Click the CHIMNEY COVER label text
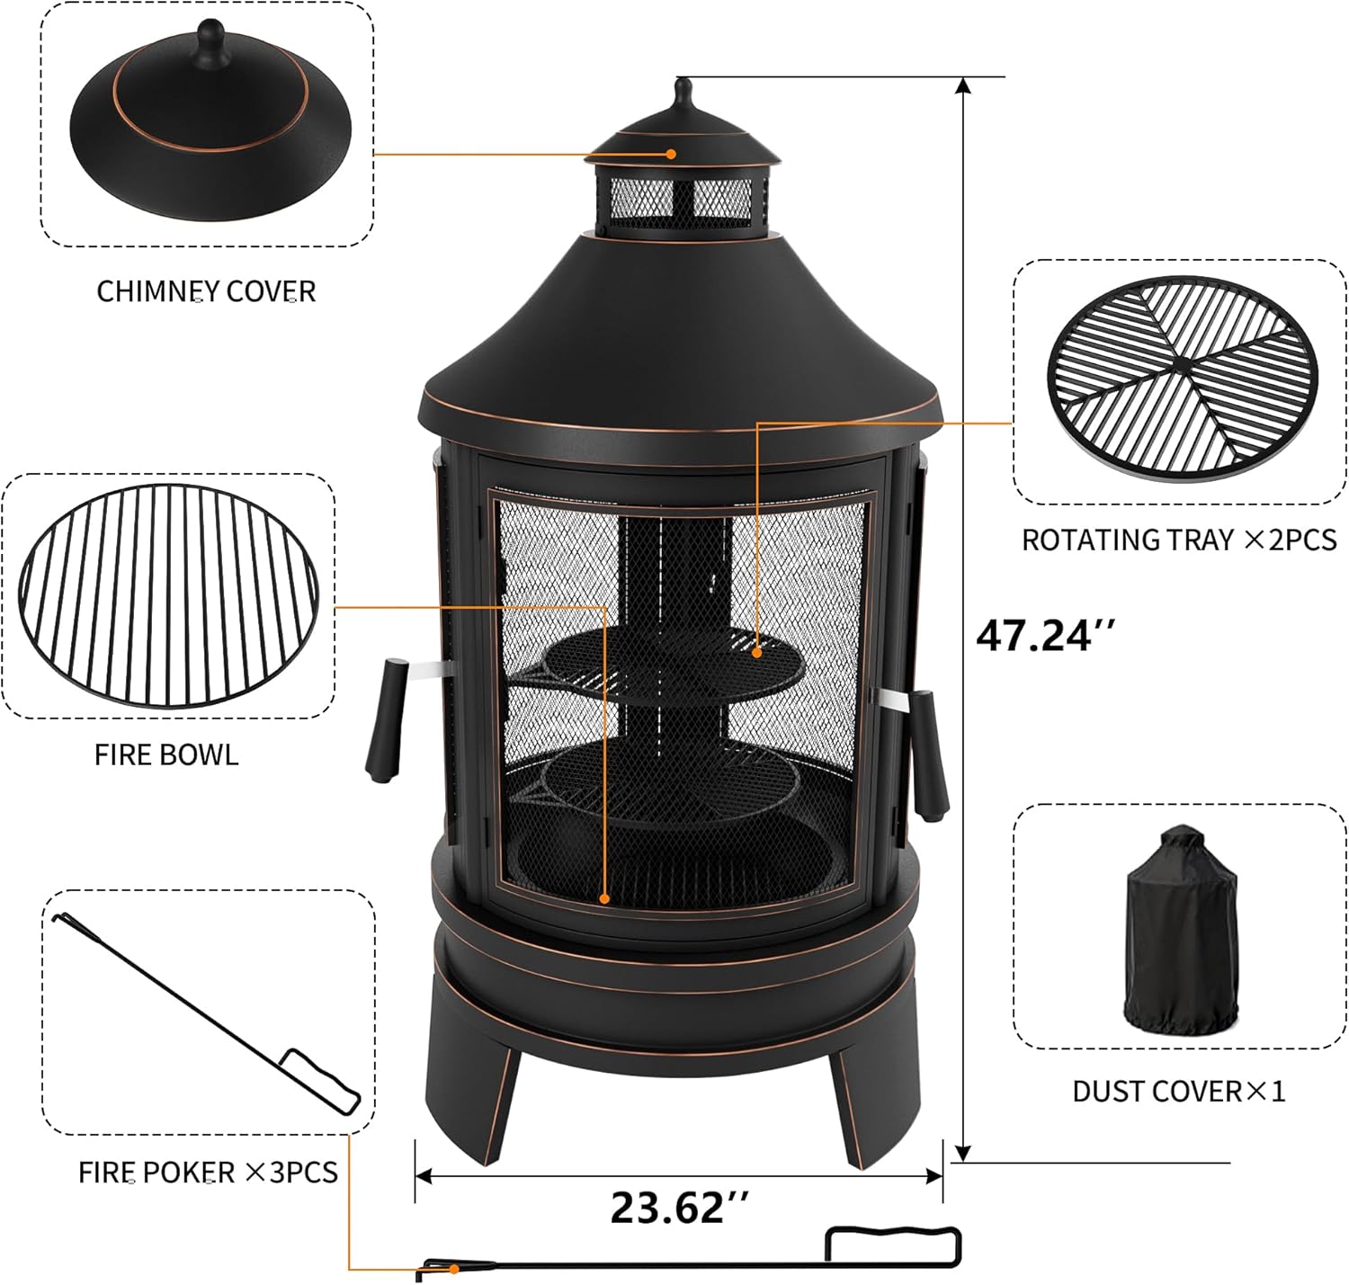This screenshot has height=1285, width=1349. (206, 291)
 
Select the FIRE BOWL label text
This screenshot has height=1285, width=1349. (166, 754)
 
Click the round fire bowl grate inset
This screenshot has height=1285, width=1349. (168, 595)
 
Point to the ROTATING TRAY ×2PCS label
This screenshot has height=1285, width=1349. (1179, 540)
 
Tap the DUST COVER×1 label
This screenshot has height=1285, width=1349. (1179, 1092)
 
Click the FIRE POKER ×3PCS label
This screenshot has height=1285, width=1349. (208, 1173)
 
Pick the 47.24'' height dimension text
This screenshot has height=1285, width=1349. (1046, 636)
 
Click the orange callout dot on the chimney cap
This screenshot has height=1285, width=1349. (671, 154)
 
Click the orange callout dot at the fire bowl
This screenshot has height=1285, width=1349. (605, 897)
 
